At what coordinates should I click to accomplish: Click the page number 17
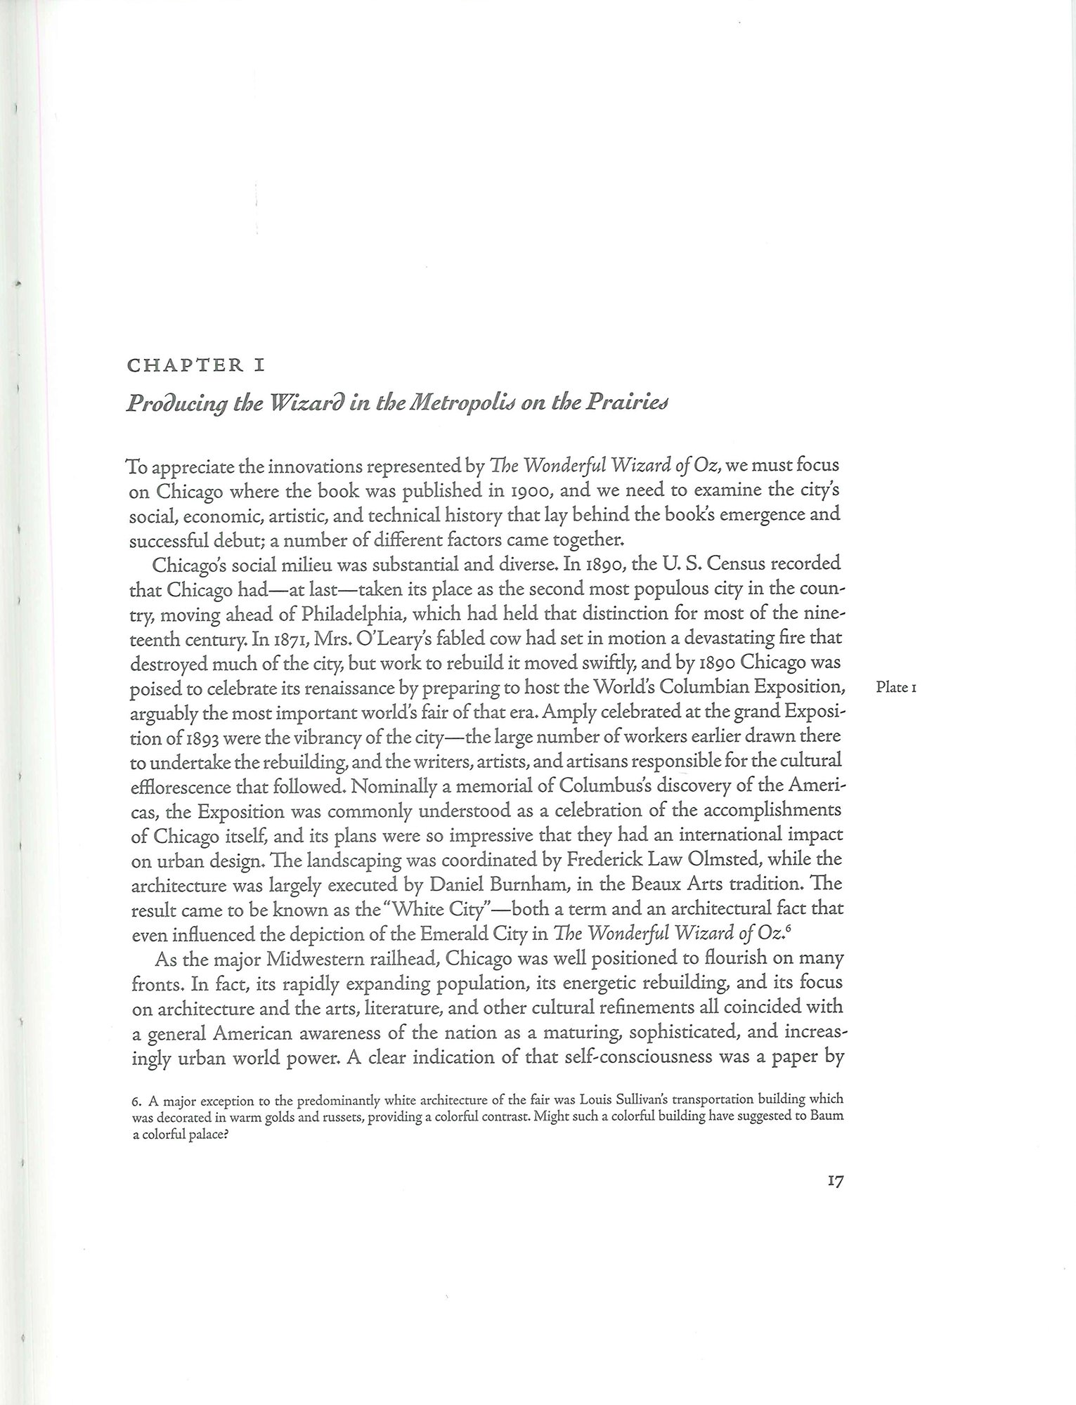click(x=834, y=1182)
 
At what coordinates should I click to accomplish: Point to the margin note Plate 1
click(x=896, y=688)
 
